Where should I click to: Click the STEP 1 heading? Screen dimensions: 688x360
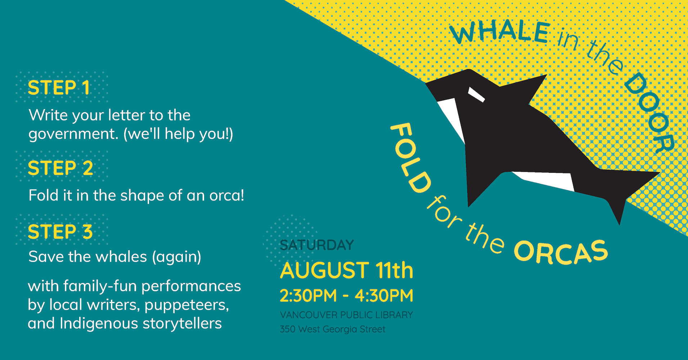(59, 88)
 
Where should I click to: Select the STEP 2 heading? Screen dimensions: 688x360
(60, 168)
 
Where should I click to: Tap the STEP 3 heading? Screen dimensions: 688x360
(60, 231)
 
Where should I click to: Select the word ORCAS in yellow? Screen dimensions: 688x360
(561, 252)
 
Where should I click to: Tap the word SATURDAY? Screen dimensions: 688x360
(317, 245)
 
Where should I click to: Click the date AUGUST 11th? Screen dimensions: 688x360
(346, 271)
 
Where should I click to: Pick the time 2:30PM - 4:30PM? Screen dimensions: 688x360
(346, 296)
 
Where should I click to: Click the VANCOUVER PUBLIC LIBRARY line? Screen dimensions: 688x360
(346, 315)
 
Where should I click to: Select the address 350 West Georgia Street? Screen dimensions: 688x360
(333, 329)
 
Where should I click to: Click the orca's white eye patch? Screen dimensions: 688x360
(476, 95)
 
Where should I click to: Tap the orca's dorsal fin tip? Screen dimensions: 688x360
(546, 75)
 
